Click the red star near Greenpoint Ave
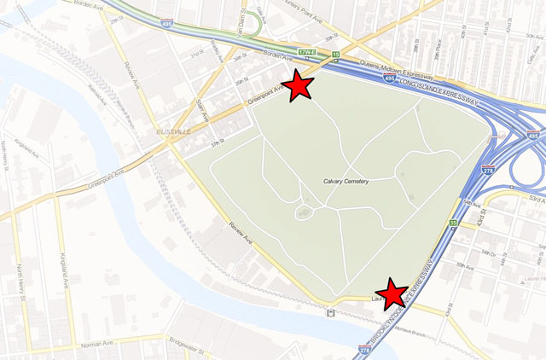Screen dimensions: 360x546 pyautogui.click(x=298, y=86)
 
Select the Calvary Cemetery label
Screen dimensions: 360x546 pyautogui.click(x=346, y=181)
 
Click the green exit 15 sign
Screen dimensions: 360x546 pyautogui.click(x=336, y=55)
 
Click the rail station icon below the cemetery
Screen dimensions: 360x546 pyautogui.click(x=329, y=313)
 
